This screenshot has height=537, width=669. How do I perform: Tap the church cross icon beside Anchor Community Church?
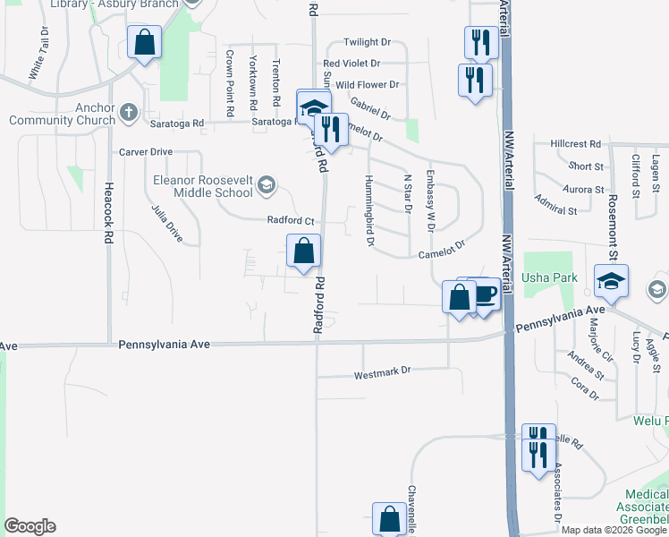point(128,112)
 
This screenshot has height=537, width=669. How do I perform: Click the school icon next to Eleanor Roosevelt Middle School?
point(266,185)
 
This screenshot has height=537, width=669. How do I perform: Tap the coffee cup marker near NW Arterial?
point(484,294)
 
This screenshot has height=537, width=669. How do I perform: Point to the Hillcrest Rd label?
point(575,143)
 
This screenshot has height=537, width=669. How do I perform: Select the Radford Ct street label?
point(291,220)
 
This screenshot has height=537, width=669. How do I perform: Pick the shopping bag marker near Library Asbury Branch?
point(143,42)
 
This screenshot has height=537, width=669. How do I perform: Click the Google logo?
point(30,526)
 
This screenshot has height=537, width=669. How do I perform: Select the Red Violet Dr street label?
point(351,64)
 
